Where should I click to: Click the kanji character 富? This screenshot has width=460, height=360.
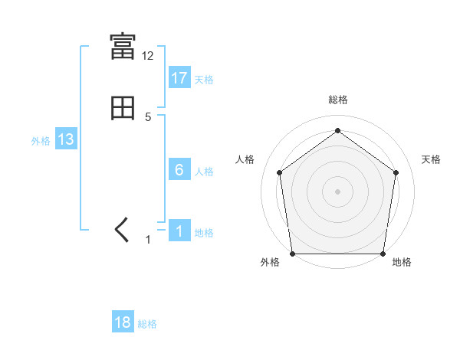tap(123, 47)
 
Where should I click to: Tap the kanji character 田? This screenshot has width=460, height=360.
tap(123, 109)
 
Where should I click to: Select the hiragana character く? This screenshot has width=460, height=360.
tap(122, 231)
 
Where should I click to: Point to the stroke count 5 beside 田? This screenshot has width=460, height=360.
tap(148, 116)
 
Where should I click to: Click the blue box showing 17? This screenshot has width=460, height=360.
tap(179, 78)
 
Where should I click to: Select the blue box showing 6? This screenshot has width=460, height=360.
tap(179, 170)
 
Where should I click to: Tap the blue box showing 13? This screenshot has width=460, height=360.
tap(66, 139)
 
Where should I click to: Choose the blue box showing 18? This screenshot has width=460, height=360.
tap(123, 322)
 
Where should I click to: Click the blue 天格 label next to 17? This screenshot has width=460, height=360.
tap(204, 80)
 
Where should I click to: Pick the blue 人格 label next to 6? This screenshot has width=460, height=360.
tap(205, 172)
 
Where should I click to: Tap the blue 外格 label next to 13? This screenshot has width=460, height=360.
tap(41, 141)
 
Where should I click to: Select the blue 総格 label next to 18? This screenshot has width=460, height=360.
tap(147, 324)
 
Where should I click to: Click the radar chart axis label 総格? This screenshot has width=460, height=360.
tap(338, 100)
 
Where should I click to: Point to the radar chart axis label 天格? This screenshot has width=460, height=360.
tap(432, 159)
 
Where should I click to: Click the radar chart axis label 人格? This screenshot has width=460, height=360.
tap(245, 159)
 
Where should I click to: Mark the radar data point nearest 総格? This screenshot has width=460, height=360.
tap(338, 130)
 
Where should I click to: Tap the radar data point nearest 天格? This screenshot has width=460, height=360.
tap(396, 172)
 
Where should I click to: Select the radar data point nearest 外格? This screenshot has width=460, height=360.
tap(293, 254)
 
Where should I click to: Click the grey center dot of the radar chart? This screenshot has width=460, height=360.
tap(338, 191)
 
